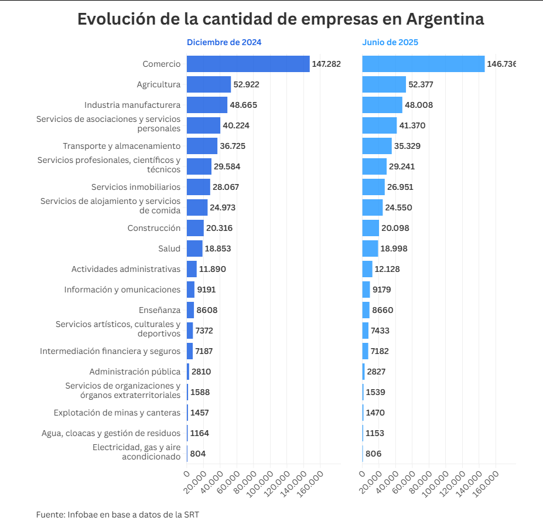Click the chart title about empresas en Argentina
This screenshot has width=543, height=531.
point(281,19)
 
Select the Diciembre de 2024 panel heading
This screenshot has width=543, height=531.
point(224,42)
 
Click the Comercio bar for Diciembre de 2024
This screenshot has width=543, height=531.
point(248,64)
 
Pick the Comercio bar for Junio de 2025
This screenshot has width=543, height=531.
point(423,64)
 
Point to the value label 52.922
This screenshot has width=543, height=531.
point(246,84)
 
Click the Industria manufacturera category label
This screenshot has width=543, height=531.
point(132,105)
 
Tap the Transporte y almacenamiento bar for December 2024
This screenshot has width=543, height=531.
point(202,146)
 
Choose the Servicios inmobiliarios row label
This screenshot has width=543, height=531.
point(136,187)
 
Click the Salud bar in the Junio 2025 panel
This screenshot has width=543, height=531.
point(370,249)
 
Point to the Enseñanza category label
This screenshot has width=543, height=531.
point(160,310)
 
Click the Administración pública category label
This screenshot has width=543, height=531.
point(135,372)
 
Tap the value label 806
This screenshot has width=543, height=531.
point(373,454)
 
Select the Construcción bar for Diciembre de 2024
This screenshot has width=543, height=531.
point(195,228)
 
